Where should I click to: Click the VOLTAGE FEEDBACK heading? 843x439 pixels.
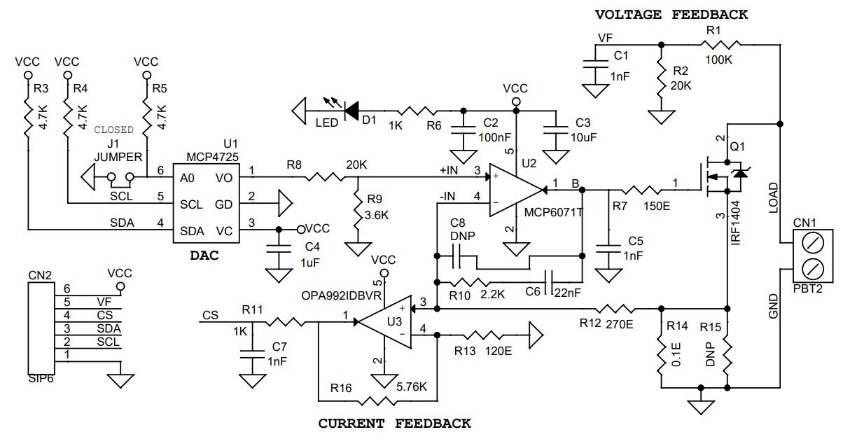(x=671, y=15)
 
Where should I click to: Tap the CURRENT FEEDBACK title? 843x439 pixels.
(x=394, y=423)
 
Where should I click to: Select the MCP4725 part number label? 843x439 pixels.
(x=213, y=157)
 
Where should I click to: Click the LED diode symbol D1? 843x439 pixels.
(x=351, y=111)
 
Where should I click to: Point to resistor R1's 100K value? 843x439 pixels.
(x=718, y=60)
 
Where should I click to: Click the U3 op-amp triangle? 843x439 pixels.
(x=384, y=322)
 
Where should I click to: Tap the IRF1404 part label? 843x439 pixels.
(x=735, y=223)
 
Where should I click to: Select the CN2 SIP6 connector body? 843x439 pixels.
(x=41, y=328)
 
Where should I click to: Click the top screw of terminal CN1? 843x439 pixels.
(x=812, y=244)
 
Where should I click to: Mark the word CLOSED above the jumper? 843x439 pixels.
(x=113, y=130)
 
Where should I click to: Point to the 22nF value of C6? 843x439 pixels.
(x=567, y=293)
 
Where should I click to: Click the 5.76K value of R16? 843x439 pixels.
(x=411, y=386)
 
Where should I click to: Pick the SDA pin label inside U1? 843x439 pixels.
(x=192, y=231)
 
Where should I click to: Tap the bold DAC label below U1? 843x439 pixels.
(x=204, y=256)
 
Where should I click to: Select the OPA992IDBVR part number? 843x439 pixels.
(x=342, y=295)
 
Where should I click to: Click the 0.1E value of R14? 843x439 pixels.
(x=676, y=354)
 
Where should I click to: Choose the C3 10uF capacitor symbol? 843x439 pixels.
(x=556, y=130)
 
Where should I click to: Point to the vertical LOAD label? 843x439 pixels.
(x=772, y=198)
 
